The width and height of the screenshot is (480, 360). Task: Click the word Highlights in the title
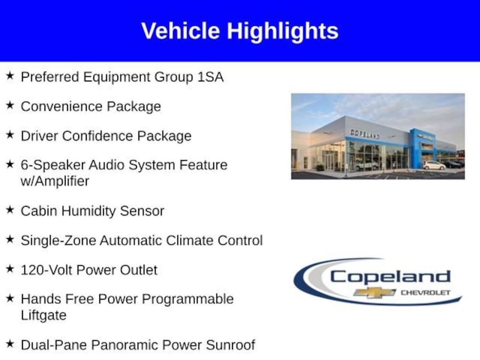(283, 32)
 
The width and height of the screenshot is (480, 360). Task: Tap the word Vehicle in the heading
(180, 31)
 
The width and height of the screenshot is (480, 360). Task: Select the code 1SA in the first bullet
(210, 76)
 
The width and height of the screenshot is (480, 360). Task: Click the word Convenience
(61, 106)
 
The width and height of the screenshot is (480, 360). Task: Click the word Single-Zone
(59, 240)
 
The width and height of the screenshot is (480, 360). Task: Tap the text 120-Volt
(46, 270)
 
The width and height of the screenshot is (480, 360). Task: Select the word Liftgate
(44, 315)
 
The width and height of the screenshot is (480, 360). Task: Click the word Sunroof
(230, 345)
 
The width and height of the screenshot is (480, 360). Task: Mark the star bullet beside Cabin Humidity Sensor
(10, 210)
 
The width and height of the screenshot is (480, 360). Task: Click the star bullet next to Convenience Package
(10, 105)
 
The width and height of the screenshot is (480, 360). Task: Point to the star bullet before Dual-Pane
(10, 344)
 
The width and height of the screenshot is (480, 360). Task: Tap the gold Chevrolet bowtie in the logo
(374, 292)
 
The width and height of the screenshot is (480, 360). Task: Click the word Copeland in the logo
(390, 277)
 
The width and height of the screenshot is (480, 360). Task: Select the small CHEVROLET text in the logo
(425, 292)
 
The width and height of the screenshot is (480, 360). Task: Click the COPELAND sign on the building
(365, 134)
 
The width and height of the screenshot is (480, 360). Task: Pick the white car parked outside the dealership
(434, 165)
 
